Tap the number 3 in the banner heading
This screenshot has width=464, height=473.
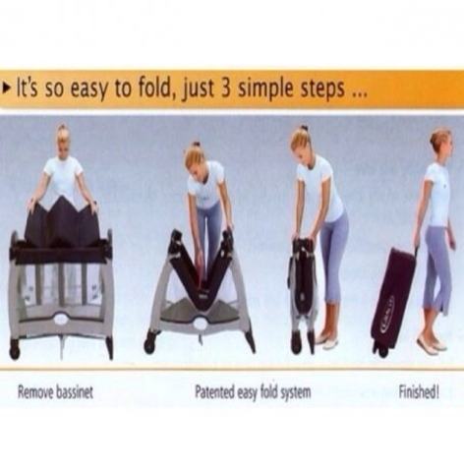point(226,89)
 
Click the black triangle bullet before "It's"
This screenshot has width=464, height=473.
point(6,89)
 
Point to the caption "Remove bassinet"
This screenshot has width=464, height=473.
point(55,392)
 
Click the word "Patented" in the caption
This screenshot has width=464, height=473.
point(214,391)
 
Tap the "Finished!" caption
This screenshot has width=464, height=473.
point(419,391)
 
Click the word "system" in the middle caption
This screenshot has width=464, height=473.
point(296,392)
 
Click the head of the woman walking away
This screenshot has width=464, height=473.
point(441,144)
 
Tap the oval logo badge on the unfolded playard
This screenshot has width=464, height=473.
point(61,318)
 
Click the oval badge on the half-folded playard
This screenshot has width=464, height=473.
point(200,324)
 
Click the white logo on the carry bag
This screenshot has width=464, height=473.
point(386,312)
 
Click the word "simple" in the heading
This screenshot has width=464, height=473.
point(265,89)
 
